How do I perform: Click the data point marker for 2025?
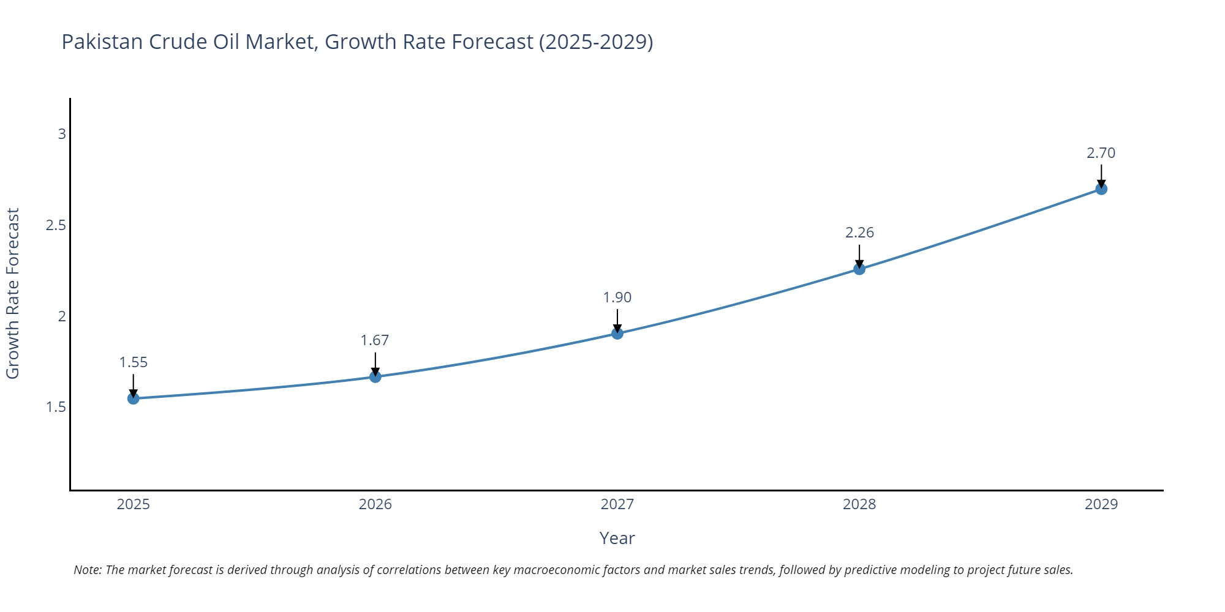[x=134, y=399]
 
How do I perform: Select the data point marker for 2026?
[x=375, y=377]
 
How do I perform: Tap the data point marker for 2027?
[x=617, y=334]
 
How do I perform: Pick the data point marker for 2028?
[x=859, y=269]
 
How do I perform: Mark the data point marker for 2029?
[x=1101, y=189]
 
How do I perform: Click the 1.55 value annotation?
[x=134, y=362]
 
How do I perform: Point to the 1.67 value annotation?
[x=375, y=340]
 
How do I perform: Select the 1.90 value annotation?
[x=617, y=297]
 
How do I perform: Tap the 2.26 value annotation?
[x=859, y=233]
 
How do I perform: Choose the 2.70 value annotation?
[x=1101, y=153]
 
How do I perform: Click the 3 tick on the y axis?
[x=62, y=133]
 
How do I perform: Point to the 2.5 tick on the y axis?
[x=56, y=225]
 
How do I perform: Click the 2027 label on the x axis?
[x=617, y=504]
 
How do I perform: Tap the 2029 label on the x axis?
[x=1101, y=504]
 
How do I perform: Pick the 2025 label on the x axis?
[x=134, y=504]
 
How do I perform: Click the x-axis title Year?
[x=617, y=538]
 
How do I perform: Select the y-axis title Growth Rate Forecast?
[x=13, y=294]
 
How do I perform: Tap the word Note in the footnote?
[x=87, y=570]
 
